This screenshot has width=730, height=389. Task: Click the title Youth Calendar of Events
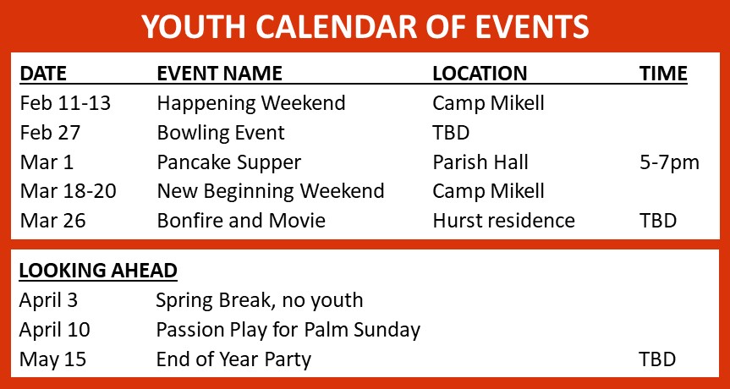click(365, 26)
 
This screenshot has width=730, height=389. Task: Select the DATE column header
click(43, 74)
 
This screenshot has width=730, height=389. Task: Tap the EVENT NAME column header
click(219, 74)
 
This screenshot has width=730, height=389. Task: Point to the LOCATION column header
click(480, 74)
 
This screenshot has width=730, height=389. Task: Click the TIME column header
click(663, 74)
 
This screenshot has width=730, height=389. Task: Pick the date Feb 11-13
click(65, 103)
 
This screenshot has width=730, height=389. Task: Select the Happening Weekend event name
click(251, 104)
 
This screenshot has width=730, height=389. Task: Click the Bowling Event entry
click(221, 134)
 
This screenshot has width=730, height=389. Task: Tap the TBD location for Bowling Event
click(451, 134)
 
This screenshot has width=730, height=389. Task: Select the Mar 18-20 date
click(68, 192)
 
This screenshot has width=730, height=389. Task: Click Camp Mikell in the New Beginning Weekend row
click(488, 192)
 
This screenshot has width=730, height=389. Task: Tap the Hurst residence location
click(504, 221)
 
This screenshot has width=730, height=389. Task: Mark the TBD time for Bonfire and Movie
click(658, 221)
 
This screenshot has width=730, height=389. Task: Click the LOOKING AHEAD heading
click(98, 271)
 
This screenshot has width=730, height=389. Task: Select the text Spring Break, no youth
click(260, 301)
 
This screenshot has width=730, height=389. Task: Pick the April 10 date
click(54, 331)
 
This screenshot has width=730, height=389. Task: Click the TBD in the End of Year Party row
click(658, 359)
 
